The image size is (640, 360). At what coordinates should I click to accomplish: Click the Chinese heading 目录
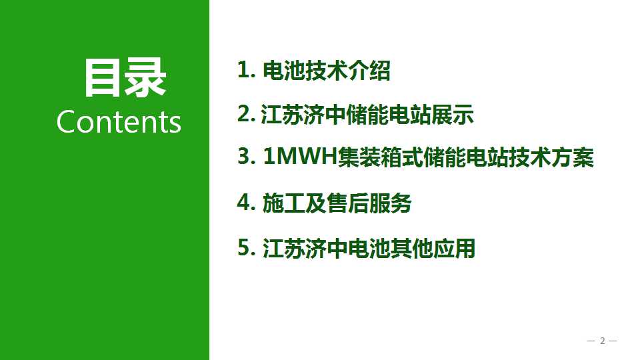125,77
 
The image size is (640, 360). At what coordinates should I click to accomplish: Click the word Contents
119,122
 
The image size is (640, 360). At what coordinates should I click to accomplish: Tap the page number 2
603,341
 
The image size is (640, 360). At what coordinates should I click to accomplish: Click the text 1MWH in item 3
300,157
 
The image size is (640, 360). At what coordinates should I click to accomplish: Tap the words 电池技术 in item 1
304,70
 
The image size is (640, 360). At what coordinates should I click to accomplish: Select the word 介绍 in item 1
369,70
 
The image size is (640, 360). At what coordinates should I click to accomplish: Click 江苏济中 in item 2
304,114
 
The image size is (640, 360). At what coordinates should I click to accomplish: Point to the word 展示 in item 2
453,114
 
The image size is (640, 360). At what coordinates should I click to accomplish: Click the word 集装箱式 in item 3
381,157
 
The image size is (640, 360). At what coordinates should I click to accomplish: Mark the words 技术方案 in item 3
551,157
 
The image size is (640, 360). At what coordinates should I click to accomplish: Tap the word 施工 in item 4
283,203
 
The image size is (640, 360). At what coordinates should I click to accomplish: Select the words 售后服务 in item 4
369,203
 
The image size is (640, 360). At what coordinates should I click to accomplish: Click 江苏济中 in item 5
305,248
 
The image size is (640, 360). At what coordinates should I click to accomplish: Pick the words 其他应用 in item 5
433,248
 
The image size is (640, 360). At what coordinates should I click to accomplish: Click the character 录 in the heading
146,77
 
